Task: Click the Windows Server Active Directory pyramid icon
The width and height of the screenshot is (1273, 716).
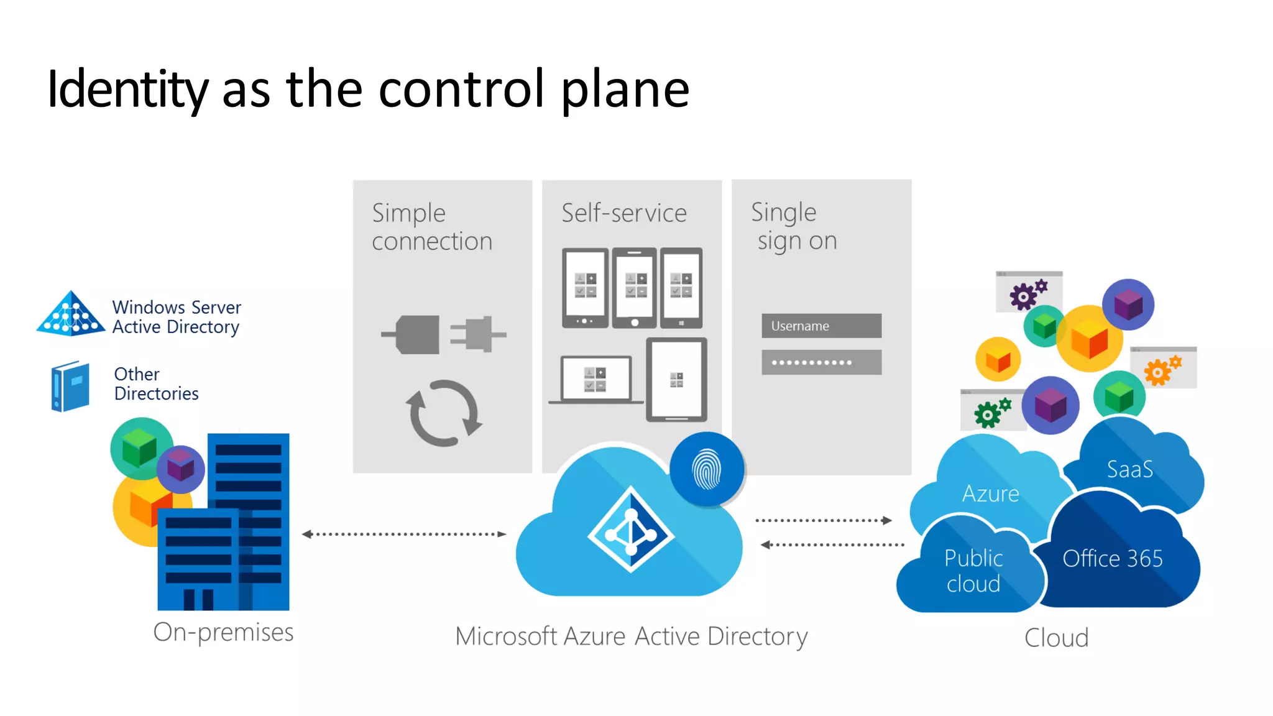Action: tap(71, 314)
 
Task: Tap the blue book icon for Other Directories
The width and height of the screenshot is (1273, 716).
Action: tap(70, 386)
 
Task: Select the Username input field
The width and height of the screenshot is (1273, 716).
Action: tap(821, 326)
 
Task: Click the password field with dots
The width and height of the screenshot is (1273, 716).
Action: tap(821, 362)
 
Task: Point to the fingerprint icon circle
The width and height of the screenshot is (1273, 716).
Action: tap(707, 470)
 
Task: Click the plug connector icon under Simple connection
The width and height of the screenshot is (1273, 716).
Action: tap(443, 334)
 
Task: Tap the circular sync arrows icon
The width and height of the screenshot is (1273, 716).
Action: tap(444, 413)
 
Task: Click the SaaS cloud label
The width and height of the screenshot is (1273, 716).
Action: tap(1129, 469)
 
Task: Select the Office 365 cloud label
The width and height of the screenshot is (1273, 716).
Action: tap(1112, 559)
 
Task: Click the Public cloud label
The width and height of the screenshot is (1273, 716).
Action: tap(973, 571)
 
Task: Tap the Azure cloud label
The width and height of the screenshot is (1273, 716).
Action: tap(990, 494)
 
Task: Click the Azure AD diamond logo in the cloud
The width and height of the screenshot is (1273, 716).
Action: tap(631, 530)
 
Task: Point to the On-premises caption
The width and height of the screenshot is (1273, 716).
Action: tap(223, 632)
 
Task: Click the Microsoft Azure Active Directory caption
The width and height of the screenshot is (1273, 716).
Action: tap(631, 636)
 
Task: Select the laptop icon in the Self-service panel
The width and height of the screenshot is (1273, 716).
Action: tap(595, 380)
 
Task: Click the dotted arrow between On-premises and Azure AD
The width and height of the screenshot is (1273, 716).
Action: tap(404, 534)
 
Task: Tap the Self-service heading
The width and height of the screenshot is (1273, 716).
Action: tap(623, 213)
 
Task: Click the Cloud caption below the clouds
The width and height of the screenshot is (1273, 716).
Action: tap(1056, 638)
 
